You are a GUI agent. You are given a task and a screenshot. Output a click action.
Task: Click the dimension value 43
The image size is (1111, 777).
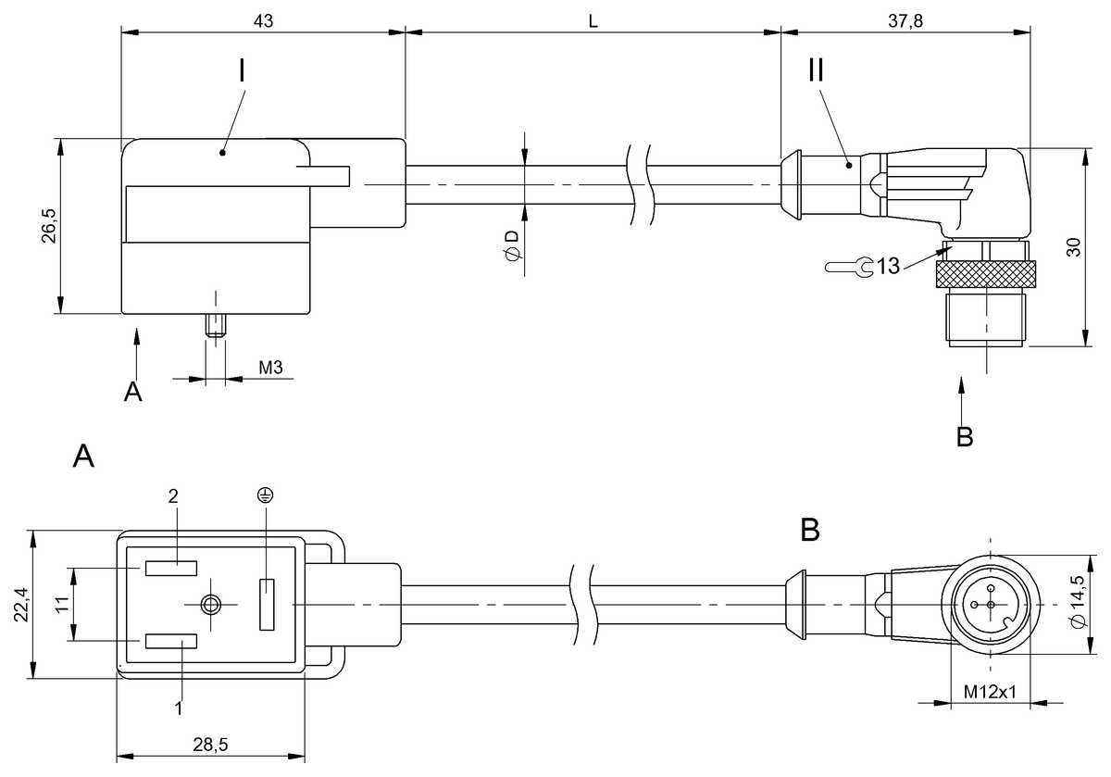pos(263,20)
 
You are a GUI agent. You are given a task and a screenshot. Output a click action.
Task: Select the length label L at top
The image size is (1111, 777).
pos(593,20)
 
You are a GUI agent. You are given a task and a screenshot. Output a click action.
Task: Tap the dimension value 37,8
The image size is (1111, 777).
pos(905,20)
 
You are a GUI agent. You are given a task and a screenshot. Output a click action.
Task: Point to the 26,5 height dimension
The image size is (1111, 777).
pos(49,226)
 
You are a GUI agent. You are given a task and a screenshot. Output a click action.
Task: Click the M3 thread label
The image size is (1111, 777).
pos(270,368)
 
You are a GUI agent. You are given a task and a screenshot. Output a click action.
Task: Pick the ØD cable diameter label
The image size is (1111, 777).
pos(511,245)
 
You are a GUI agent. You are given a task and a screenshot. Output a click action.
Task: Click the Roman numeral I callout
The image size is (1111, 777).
pos(242,71)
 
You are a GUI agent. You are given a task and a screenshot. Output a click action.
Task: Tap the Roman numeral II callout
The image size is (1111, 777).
pos(816,71)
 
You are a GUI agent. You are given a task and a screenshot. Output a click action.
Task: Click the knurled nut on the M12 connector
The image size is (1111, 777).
pos(985,274)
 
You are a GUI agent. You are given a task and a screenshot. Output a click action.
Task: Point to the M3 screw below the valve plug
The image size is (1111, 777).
pos(216,327)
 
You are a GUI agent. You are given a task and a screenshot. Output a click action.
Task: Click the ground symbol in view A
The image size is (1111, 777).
pos(265,496)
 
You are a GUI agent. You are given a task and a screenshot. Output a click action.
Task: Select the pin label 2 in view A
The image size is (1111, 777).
pos(172,496)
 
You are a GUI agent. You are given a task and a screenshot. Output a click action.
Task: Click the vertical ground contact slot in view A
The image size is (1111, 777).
pos(268,604)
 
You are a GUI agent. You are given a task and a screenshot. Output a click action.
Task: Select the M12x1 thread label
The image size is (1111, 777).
pos(991,692)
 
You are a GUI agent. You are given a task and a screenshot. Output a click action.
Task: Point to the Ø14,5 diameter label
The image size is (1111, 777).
pos(1076,604)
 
